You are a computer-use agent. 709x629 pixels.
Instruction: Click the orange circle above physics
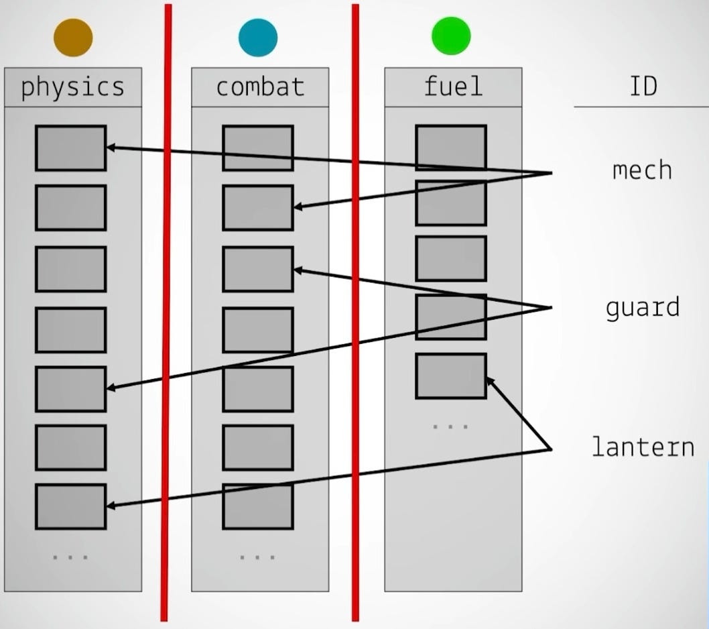[73, 37]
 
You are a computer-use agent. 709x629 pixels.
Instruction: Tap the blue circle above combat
[258, 37]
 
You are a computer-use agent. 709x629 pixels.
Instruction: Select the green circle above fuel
[451, 36]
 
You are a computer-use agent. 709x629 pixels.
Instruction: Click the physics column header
[73, 87]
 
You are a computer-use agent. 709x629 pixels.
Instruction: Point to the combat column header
[260, 87]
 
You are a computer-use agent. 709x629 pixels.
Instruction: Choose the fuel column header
[453, 87]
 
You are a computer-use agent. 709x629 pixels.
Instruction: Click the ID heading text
[643, 87]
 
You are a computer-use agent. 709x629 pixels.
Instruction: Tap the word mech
[642, 170]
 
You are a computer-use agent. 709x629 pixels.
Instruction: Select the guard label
[642, 308]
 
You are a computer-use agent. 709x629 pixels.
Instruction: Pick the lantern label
[643, 447]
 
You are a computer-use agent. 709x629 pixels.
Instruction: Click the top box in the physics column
[70, 148]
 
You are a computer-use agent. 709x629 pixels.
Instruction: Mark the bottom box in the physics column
[70, 506]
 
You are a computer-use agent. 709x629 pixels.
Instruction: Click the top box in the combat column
[258, 148]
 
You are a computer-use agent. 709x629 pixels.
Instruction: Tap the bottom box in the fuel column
[450, 376]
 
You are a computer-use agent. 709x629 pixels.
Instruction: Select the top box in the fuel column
[450, 148]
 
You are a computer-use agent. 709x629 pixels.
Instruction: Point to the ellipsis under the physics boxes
[70, 557]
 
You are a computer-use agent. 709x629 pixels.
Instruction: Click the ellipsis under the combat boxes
[258, 557]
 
